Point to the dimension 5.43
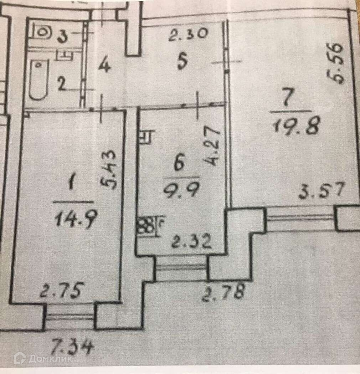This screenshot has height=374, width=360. pyautogui.click(x=109, y=170)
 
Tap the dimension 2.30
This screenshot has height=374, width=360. pyautogui.click(x=188, y=35)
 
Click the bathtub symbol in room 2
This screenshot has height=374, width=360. pyautogui.click(x=38, y=80)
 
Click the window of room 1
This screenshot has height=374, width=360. pyautogui.click(x=70, y=317)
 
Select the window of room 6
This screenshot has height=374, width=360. pyautogui.click(x=182, y=268)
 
